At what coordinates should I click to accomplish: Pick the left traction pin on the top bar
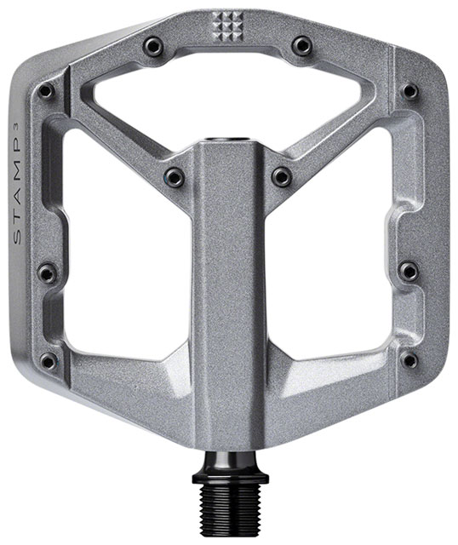pos(153,45)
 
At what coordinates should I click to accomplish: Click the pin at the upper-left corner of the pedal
pos(48,90)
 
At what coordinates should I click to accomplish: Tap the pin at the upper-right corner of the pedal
pos(410,90)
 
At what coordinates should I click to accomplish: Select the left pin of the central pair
pos(175,177)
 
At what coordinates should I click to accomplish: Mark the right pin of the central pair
pos(281,177)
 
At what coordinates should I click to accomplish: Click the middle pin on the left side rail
pos(48,272)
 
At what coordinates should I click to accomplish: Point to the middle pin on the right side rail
pos(409,272)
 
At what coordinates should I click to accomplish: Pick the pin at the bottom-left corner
pos(49,360)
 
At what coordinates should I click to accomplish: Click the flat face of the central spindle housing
pos(227,281)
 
